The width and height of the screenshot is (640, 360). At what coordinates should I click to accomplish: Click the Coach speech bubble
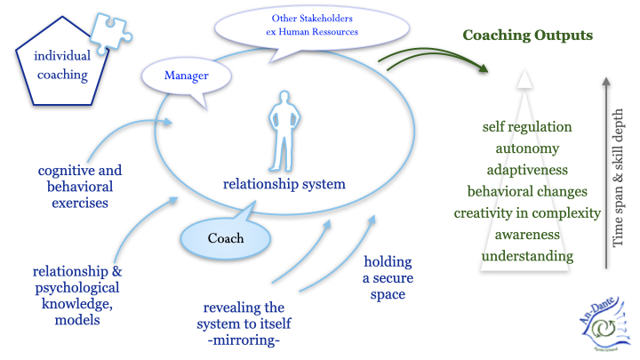click(226, 238)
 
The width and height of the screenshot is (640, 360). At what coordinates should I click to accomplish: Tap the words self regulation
click(527, 127)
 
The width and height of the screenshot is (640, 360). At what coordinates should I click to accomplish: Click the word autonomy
click(527, 148)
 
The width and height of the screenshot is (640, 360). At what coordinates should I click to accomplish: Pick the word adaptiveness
click(527, 170)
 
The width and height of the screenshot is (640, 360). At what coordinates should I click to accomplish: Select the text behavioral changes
click(527, 191)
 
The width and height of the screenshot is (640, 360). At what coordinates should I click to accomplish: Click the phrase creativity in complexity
click(527, 213)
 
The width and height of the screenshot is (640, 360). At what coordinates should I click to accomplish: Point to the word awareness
click(527, 235)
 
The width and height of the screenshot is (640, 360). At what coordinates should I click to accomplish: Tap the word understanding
click(527, 257)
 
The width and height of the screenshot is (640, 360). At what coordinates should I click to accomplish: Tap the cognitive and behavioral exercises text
click(80, 186)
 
